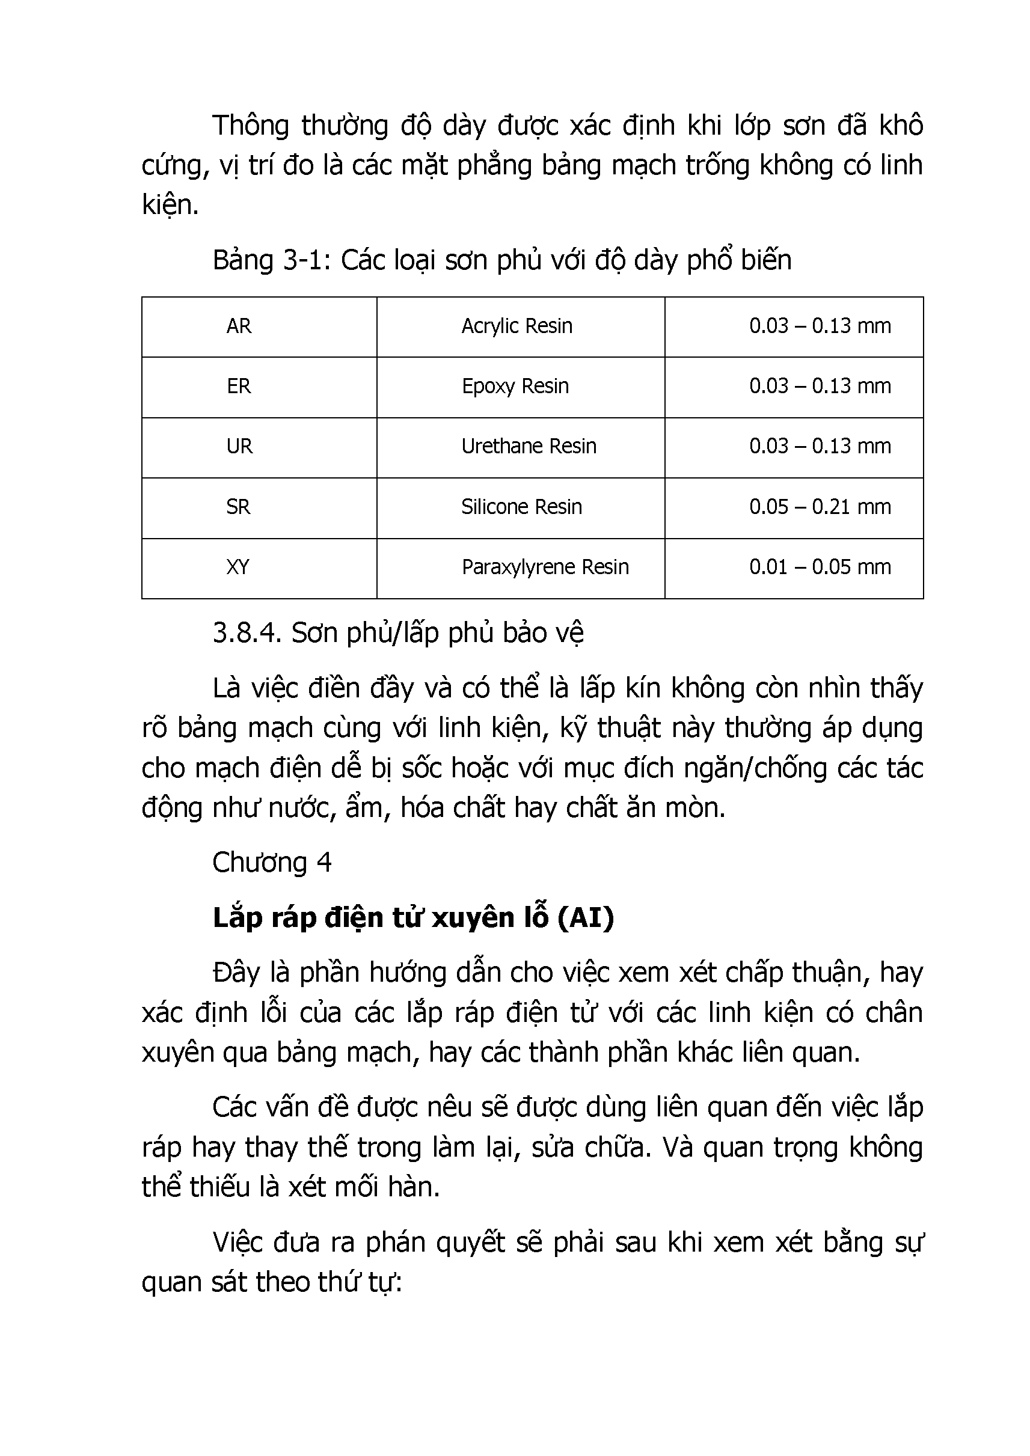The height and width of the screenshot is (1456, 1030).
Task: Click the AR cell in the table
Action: [x=239, y=326]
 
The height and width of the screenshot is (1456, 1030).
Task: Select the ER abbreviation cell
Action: [x=239, y=386]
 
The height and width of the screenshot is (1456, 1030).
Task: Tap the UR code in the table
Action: [x=240, y=447]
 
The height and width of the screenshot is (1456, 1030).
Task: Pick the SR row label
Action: [x=239, y=507]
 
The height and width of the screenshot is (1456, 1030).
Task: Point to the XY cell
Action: [x=238, y=567]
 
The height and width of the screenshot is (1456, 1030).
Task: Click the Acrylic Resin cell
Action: [x=517, y=326]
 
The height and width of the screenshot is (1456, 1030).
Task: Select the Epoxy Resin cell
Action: [x=515, y=386]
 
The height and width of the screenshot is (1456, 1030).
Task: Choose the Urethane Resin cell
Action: [x=529, y=447]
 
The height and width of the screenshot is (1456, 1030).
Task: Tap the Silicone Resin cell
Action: [x=521, y=507]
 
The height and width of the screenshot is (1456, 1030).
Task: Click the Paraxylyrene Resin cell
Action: [x=545, y=567]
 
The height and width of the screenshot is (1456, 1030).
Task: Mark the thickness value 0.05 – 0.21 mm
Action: [x=820, y=507]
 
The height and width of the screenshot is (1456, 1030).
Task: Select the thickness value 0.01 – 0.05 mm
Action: [x=820, y=567]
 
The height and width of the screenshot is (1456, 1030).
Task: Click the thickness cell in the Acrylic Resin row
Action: [x=820, y=326]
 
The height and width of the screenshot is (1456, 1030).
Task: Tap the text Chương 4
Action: [x=271, y=863]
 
